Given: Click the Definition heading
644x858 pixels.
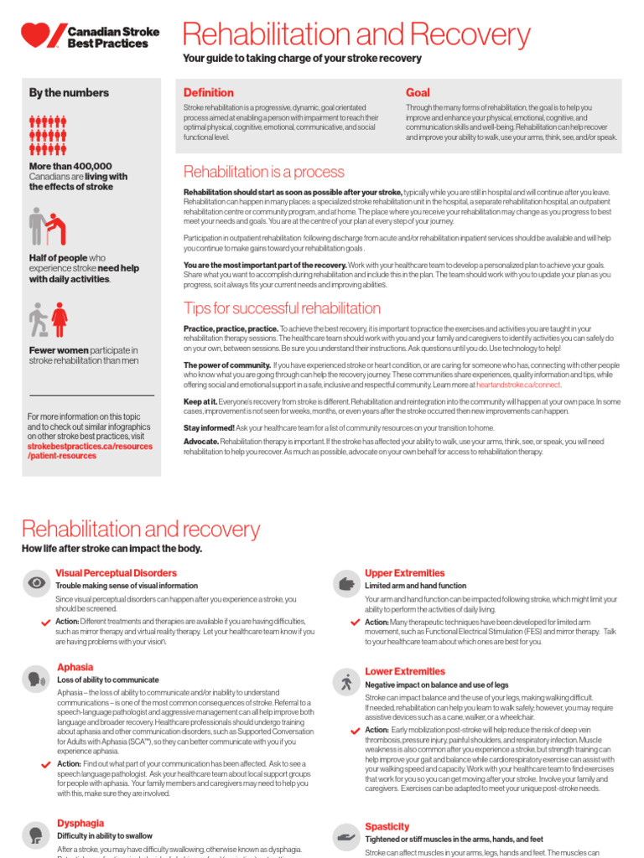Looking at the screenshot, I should coord(209,92).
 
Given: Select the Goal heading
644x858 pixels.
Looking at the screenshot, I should coord(418,92).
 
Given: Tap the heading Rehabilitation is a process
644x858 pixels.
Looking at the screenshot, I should coord(263,172).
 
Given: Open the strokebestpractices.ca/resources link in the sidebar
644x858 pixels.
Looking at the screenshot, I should coord(90,447).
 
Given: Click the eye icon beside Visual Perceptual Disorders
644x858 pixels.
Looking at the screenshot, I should coord(37,582).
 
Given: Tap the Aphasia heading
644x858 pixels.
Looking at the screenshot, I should coord(75,667).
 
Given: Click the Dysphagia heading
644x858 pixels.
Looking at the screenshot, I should coord(80,823).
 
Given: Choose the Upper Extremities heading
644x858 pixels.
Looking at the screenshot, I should coord(404,572).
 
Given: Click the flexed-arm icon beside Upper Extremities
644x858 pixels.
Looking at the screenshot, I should coord(345,582).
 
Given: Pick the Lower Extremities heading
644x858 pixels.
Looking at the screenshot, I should coord(405,671).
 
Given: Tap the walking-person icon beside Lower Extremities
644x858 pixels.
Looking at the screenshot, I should coord(345,681).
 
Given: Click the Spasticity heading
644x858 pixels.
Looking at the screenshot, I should coord(387,826).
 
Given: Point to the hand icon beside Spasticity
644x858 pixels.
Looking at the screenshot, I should coord(345,836).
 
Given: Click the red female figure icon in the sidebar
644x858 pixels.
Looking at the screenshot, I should coord(60,319).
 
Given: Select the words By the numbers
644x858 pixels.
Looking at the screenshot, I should coord(69,93).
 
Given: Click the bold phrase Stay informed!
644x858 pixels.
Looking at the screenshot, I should coord(210,427).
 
